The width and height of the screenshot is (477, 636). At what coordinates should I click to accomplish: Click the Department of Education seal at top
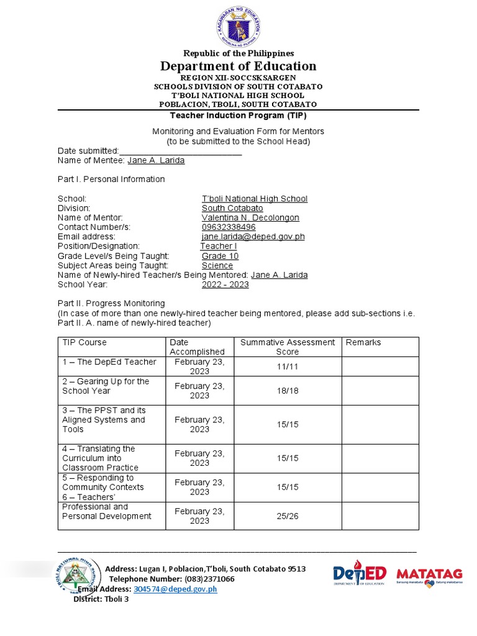(238, 25)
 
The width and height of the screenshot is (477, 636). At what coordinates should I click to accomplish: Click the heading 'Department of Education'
(238, 66)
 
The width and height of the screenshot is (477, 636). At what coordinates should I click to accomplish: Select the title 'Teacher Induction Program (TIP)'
(238, 116)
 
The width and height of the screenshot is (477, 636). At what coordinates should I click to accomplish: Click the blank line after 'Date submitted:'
(180, 151)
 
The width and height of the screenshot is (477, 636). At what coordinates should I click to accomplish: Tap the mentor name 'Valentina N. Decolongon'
(250, 218)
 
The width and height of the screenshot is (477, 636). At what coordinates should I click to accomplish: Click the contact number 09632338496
(229, 227)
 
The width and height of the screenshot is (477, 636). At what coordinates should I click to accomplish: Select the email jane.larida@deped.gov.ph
(253, 237)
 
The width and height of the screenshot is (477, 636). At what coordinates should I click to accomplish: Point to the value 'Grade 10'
(220, 256)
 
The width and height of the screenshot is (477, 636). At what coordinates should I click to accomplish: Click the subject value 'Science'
(217, 265)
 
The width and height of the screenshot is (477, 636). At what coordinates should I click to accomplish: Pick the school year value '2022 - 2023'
(225, 284)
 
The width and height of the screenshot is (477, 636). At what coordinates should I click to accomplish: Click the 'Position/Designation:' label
(99, 247)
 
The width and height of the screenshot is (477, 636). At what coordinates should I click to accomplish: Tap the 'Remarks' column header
(363, 343)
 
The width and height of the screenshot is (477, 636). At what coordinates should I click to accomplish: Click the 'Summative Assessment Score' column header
(288, 347)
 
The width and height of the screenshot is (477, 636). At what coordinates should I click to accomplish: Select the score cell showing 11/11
(288, 367)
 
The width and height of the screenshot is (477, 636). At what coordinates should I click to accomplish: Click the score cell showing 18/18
(288, 391)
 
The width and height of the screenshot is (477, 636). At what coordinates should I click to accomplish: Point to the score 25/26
(288, 516)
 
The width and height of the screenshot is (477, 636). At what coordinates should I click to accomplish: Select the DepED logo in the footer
(360, 575)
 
